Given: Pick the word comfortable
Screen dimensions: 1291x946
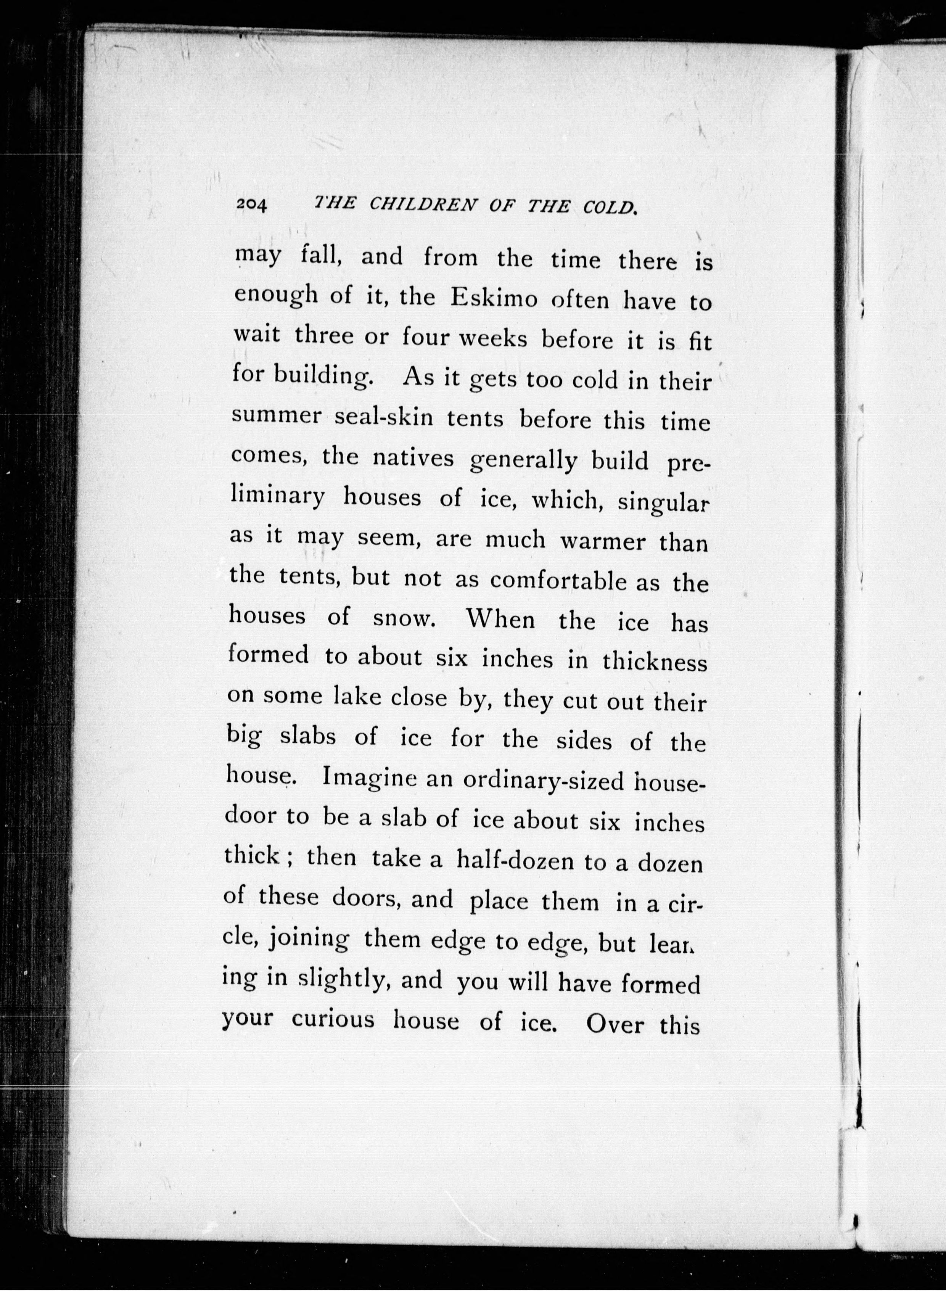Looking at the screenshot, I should pyautogui.click(x=558, y=581).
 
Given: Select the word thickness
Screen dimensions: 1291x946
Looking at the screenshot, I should pyautogui.click(x=655, y=662).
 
